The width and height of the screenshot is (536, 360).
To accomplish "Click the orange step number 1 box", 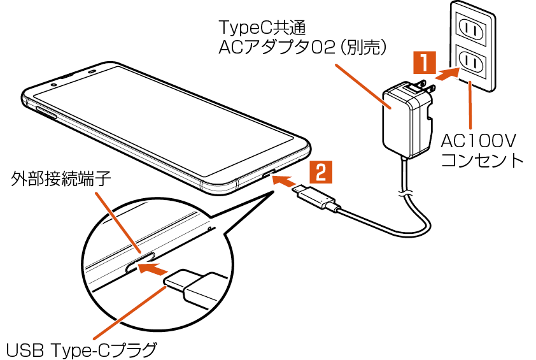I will (425, 64).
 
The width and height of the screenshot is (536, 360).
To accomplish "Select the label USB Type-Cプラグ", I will (81, 349).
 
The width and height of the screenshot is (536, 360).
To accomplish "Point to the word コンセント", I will (482, 159).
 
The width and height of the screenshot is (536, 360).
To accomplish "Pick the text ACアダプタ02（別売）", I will (303, 48).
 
